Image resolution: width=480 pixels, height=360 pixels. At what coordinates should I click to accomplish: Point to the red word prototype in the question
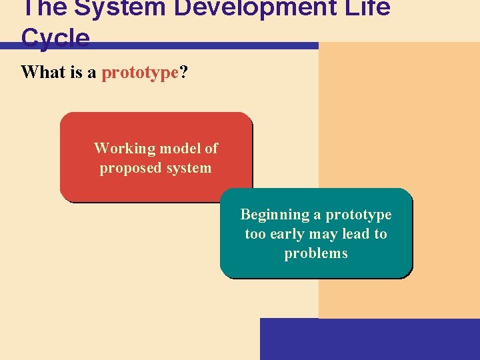point(140,72)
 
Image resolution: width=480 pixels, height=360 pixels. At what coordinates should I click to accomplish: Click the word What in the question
point(42,72)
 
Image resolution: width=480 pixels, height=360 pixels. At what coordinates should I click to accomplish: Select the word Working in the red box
point(124,148)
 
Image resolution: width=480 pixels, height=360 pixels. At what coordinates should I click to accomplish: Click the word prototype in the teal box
point(358,215)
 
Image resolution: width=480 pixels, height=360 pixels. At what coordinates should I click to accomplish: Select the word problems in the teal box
point(316,253)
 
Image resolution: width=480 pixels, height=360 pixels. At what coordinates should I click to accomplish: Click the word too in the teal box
point(256,234)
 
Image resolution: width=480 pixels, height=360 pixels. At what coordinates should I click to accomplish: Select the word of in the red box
point(211,148)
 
